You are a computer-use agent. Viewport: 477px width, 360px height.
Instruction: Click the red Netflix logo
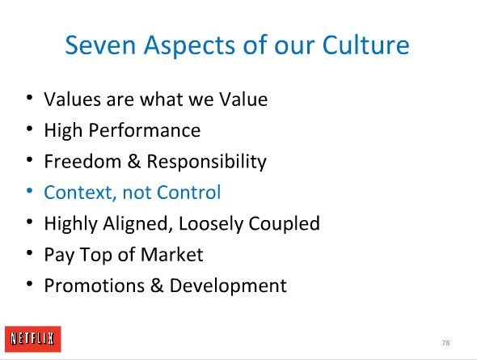point(33,339)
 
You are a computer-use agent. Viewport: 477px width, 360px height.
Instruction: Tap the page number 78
point(445,343)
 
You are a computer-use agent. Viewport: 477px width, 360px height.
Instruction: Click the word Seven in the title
point(100,45)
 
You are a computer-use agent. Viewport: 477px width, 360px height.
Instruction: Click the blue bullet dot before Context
point(29,191)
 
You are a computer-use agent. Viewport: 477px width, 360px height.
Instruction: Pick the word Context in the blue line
point(80,193)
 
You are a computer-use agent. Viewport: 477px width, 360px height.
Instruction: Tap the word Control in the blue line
point(189,192)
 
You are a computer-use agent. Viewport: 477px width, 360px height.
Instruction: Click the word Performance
point(145,130)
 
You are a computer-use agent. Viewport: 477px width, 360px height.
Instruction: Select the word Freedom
point(82,161)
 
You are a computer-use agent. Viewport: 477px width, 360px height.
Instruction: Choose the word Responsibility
point(207,162)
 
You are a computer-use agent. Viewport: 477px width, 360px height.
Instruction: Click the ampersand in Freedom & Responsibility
point(134,161)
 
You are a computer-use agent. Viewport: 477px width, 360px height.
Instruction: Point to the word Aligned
point(136,224)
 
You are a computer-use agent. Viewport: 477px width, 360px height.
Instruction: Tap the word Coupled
point(284,224)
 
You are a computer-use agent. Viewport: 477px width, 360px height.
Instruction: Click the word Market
point(172,254)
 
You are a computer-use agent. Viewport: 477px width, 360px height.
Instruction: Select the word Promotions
point(95,286)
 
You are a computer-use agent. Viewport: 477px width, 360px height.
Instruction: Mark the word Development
point(228,286)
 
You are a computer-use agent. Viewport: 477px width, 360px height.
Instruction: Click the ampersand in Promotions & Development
point(157,286)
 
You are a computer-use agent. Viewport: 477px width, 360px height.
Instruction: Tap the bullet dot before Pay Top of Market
point(29,253)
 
